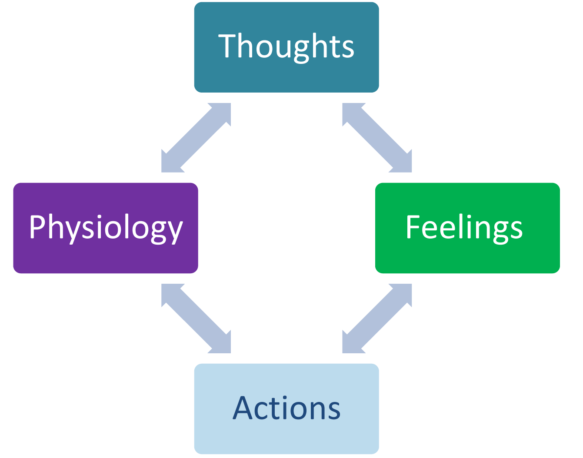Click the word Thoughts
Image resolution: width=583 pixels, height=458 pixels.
click(286, 47)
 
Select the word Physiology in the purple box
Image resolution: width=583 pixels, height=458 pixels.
click(106, 228)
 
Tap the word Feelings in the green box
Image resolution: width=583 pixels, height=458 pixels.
click(464, 227)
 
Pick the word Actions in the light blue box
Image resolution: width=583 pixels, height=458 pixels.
click(287, 408)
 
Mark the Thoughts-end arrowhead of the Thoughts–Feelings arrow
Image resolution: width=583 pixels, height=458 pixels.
click(352, 112)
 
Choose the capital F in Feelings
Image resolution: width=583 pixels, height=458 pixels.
click(413, 226)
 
